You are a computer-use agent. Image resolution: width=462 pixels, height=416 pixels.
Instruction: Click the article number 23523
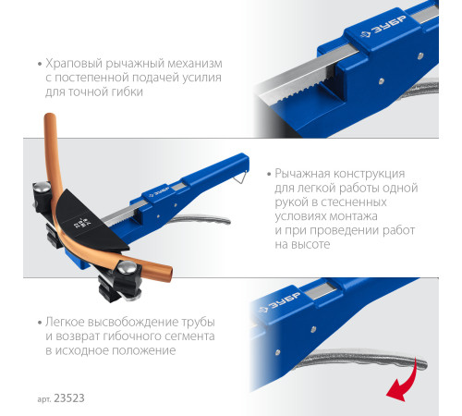[x=69, y=398]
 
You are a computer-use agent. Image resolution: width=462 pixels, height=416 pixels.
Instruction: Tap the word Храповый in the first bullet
[x=74, y=64]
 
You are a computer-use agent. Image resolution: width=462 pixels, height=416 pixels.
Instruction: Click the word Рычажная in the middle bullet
[x=302, y=174]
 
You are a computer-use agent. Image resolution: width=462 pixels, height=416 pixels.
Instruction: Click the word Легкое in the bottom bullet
[x=65, y=322]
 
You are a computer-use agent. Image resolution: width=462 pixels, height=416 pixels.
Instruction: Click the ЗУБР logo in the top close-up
[x=383, y=27]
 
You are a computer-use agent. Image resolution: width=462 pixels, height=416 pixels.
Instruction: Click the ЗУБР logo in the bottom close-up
[x=280, y=303]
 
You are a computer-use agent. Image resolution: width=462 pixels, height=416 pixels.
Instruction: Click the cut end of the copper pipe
[x=168, y=275]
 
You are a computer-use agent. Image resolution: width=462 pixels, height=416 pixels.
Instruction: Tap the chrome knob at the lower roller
[x=127, y=268]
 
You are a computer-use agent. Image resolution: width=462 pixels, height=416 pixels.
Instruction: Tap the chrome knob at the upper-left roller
[x=42, y=187]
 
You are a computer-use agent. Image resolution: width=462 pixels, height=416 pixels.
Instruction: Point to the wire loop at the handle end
[x=241, y=177]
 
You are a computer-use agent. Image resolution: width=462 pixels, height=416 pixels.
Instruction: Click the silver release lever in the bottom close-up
[x=360, y=360]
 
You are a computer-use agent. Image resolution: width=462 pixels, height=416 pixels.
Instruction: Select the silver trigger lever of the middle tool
[x=201, y=219]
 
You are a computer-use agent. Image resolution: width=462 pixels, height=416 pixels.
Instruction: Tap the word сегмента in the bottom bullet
[x=186, y=336]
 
